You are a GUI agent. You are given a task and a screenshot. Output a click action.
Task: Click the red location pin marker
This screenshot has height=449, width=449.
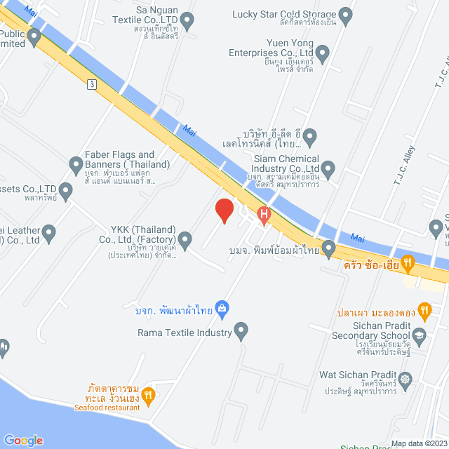[x=224, y=210]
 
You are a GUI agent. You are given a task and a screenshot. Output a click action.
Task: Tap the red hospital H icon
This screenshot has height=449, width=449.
[x=264, y=215]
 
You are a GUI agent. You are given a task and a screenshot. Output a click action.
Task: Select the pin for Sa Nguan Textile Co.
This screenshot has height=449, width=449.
[x=187, y=22]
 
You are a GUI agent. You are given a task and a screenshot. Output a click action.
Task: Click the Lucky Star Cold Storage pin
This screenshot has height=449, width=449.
[x=344, y=14]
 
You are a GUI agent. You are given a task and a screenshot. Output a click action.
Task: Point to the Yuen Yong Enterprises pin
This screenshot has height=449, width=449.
[x=322, y=52]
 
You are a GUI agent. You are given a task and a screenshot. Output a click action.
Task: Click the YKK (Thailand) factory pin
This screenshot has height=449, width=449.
[x=185, y=241]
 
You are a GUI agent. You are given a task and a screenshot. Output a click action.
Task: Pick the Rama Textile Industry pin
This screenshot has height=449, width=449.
[x=241, y=329]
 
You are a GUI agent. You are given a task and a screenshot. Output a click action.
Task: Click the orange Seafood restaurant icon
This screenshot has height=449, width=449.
[x=147, y=396]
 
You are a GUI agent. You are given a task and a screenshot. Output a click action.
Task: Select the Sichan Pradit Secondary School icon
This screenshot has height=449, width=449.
[x=420, y=335]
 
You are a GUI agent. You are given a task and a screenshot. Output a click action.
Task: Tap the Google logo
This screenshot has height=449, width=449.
[x=22, y=440]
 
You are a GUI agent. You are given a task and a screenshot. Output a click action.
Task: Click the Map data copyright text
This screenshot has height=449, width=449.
[x=419, y=443]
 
